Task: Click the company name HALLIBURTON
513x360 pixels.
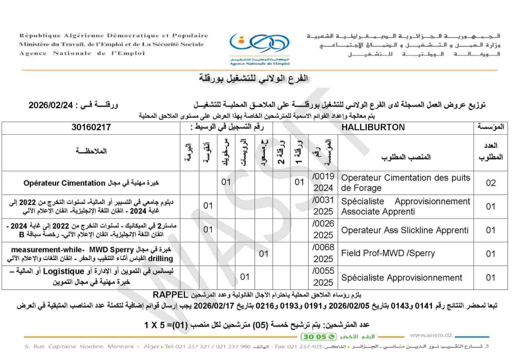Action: pos(373,128)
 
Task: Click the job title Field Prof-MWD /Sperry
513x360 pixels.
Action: pos(388,254)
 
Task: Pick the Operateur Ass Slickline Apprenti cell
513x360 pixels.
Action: pos(405,230)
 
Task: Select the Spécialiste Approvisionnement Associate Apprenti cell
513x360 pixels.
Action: pos(405,206)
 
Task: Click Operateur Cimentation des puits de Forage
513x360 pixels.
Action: pos(405,183)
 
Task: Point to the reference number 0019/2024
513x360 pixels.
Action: pos(323,183)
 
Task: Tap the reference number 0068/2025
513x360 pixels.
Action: pos(323,254)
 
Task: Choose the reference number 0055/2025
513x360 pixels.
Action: pos(323,277)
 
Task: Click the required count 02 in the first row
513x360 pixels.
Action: pos(490,183)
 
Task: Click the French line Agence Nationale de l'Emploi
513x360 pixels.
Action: pos(82,53)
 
